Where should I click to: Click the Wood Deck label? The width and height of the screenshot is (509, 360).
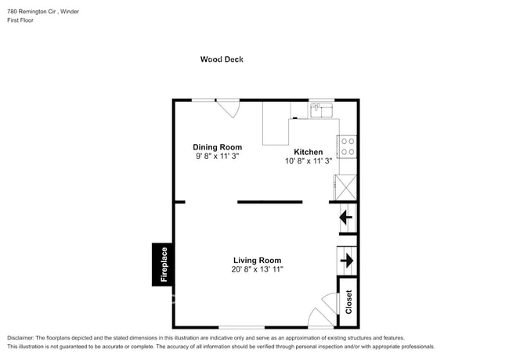pos(222,59)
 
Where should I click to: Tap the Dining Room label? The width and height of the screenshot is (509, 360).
pos(217,147)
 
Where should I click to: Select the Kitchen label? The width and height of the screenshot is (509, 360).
pos(308,152)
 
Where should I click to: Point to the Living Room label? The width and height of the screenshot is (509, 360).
pos(257,261)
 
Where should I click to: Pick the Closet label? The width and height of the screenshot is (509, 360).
pos(348,301)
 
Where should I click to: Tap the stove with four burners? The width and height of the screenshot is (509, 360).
pos(348,146)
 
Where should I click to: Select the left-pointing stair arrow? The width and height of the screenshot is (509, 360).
pos(346,217)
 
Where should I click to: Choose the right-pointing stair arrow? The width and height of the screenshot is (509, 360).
pos(347,260)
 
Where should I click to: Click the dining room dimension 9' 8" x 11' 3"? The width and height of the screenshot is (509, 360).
pos(217,157)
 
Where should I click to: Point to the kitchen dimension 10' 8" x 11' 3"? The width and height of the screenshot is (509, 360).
pos(308,161)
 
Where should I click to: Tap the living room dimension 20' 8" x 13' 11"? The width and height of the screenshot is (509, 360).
pos(257,270)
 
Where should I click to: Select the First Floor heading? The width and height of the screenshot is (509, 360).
pos(20,20)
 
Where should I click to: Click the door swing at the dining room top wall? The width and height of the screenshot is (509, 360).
pos(229,107)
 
